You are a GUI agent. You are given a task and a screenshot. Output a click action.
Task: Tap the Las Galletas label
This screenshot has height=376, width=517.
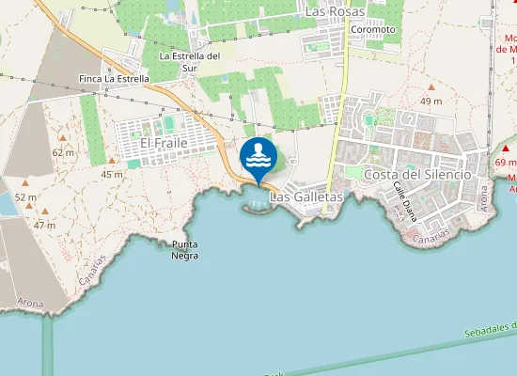click(305, 197)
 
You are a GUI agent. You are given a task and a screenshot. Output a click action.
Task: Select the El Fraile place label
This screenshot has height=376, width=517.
click(164, 143)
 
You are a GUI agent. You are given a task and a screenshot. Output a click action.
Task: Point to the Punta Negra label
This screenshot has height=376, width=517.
click(184, 250)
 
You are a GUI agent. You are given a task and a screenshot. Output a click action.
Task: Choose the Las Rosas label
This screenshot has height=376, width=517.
click(334, 11)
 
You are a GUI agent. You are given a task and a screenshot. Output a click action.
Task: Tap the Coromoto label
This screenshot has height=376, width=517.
click(372, 29)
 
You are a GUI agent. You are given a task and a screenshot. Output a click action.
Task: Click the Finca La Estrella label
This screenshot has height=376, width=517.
click(115, 79)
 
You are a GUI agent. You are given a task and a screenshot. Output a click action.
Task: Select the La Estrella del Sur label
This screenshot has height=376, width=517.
click(190, 61)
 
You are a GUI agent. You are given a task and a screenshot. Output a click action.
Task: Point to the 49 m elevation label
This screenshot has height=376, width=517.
click(431, 101)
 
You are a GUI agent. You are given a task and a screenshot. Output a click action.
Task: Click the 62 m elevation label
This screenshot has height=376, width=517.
click(63, 151)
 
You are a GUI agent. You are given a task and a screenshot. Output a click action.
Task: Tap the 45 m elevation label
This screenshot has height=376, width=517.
click(112, 174)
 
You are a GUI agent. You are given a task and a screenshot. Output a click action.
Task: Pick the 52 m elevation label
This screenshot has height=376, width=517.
click(25, 197)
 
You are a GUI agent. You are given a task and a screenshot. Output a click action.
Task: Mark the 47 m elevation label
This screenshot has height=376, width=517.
click(45, 225)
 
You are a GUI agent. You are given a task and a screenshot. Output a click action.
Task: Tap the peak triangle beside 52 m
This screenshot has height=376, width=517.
click(23, 183)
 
